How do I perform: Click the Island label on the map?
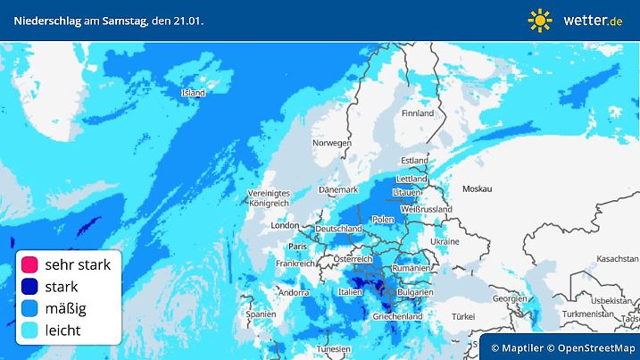(x=193, y=93)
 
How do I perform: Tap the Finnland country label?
(x=417, y=113)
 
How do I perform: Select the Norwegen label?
(x=331, y=143)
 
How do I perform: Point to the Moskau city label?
(x=477, y=188)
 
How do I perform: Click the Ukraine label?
(x=444, y=242)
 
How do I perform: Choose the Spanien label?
(x=261, y=314)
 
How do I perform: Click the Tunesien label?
(x=334, y=348)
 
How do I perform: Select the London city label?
(x=284, y=225)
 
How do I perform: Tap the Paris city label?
(x=297, y=246)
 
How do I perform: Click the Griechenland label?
(x=397, y=316)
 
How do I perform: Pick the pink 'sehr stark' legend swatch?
(x=29, y=264)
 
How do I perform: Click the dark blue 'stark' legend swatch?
(x=29, y=287)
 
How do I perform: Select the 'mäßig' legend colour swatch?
(x=29, y=308)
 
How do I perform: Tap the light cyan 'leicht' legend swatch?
(x=29, y=330)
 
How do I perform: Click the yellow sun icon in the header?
(x=540, y=20)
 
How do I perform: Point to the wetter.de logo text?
(x=593, y=20)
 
